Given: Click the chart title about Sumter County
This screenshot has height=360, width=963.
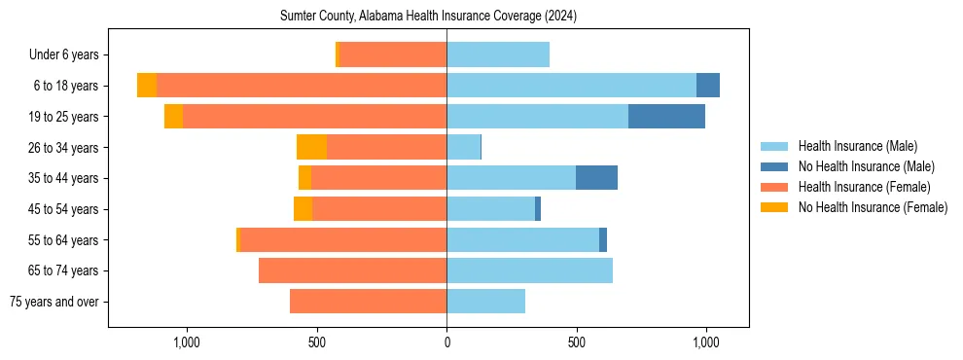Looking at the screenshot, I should click(x=428, y=17).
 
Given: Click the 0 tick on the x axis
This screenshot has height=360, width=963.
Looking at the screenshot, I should click(x=446, y=342).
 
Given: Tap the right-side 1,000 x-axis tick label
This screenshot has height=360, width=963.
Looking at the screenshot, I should click(x=706, y=342).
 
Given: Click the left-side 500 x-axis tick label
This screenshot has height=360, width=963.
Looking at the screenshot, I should click(x=317, y=342).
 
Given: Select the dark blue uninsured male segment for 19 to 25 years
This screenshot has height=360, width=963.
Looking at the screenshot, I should click(x=666, y=117).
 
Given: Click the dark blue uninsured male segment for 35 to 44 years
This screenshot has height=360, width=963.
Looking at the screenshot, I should click(x=596, y=178).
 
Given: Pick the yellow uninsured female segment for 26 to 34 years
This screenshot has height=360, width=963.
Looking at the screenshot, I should click(x=311, y=148).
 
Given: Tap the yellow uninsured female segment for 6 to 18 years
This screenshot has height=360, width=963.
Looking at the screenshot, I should click(x=147, y=86).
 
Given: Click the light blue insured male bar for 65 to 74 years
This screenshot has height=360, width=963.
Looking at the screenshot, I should click(x=529, y=270).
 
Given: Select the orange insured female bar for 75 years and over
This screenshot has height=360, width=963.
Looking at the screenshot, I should click(x=368, y=302).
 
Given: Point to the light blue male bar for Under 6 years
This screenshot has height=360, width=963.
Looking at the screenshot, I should click(x=498, y=55).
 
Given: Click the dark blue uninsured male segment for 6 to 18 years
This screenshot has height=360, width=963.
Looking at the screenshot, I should click(x=708, y=86).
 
